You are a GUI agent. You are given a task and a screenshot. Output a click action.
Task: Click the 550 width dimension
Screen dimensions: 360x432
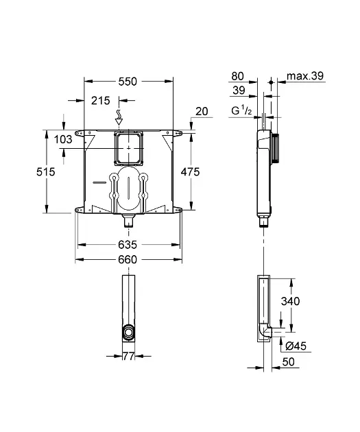128,82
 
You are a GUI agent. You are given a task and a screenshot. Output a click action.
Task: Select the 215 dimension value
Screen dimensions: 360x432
101,101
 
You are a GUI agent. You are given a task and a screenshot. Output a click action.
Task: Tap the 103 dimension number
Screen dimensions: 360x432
63,139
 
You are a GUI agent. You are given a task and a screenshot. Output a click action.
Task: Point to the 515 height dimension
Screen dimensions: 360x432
46,172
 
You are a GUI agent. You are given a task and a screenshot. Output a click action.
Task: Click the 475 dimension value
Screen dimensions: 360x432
190,172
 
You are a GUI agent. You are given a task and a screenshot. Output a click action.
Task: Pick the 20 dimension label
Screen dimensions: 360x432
202,111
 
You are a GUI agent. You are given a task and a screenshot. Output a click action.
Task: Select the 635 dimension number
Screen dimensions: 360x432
128,245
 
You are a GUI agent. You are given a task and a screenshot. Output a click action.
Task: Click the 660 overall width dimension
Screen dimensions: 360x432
128,259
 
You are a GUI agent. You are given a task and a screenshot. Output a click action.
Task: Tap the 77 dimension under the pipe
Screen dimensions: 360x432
129,357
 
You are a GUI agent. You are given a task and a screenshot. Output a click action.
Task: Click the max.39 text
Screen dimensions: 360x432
305,76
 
